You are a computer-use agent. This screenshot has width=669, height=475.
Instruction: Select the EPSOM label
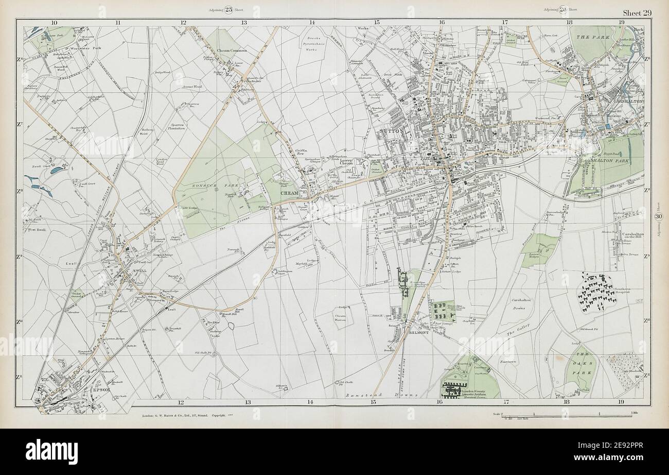(99, 389)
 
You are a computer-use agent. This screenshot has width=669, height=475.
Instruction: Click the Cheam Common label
(232, 50)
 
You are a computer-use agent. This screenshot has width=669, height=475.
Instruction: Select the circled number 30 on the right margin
(658, 217)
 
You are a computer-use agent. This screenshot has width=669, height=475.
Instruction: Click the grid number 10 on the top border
(54, 22)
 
